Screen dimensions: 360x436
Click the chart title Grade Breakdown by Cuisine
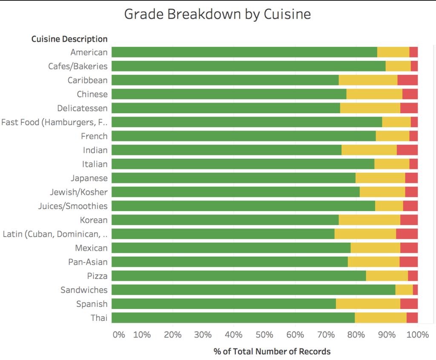(x=217, y=14)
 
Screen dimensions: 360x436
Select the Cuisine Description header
(x=69, y=39)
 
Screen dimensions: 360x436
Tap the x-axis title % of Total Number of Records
(x=272, y=351)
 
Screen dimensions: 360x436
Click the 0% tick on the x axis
(x=119, y=334)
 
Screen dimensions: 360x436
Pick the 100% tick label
(x=417, y=334)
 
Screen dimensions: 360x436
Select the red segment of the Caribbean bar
(x=407, y=80)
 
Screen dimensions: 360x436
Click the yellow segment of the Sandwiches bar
(x=404, y=290)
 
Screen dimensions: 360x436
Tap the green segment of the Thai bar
(x=233, y=318)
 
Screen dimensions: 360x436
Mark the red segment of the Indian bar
(x=407, y=150)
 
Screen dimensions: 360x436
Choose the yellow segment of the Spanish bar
(x=368, y=304)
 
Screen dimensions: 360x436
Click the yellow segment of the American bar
(x=393, y=52)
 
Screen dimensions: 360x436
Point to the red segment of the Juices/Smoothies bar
(x=410, y=206)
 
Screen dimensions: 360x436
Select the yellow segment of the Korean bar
(x=369, y=220)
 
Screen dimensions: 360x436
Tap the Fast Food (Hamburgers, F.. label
(x=54, y=122)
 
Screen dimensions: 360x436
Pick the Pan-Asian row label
(x=88, y=262)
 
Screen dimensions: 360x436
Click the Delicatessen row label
(x=82, y=108)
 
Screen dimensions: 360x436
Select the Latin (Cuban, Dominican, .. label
(x=55, y=234)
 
